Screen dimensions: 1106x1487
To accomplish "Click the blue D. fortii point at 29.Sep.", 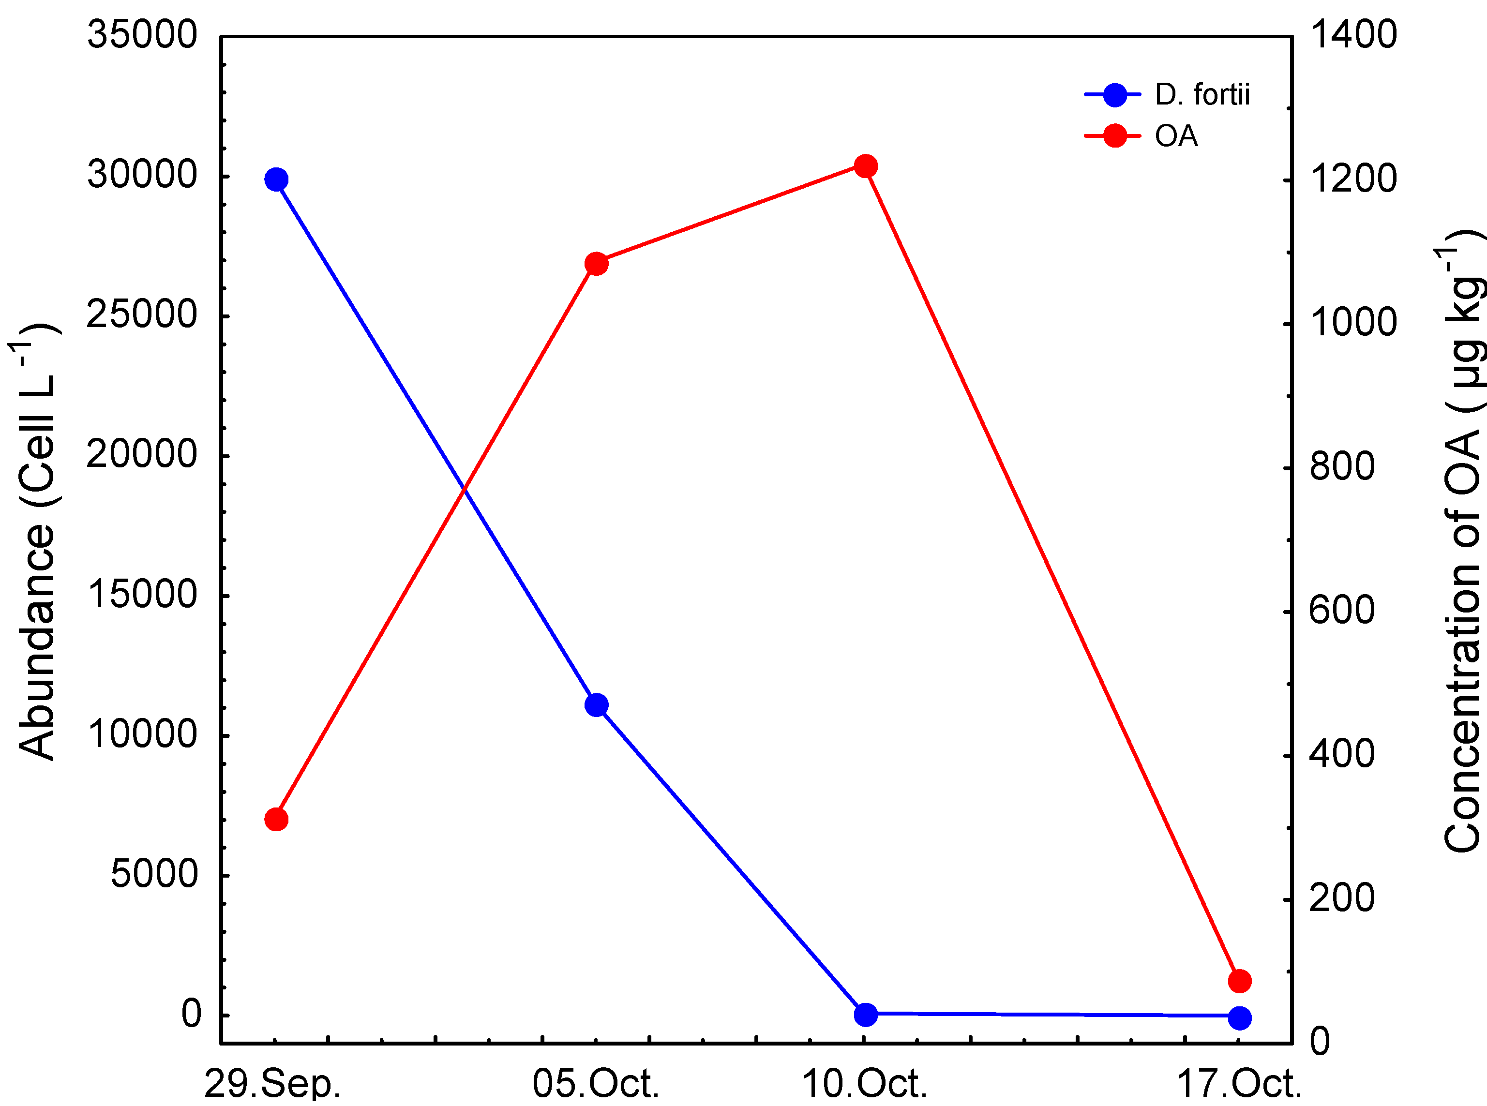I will (276, 179).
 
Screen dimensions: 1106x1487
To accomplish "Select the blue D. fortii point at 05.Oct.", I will (596, 705).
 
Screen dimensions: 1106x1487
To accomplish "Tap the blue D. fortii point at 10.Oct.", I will (865, 1014).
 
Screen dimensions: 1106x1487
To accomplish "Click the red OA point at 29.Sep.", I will (276, 820).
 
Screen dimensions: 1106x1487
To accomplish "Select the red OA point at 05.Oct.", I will (596, 264).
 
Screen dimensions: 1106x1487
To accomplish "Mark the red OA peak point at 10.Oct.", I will (865, 166).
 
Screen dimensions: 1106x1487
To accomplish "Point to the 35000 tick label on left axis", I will (142, 35).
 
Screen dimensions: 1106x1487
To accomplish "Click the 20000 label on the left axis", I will (142, 455).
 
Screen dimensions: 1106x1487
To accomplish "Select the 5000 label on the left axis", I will (154, 874).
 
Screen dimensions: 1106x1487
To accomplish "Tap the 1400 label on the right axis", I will (1353, 35).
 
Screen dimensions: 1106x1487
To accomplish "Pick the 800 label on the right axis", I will (1342, 466).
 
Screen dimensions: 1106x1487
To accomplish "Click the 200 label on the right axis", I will (1342, 898).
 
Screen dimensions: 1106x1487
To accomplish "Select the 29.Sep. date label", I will (272, 1085).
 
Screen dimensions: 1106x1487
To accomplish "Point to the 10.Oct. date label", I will (864, 1085).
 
